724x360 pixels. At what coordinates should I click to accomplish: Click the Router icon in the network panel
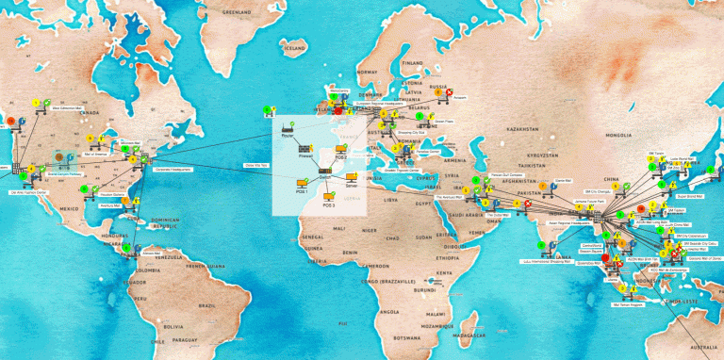click(285, 128)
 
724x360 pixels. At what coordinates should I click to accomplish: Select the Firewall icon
click(305, 149)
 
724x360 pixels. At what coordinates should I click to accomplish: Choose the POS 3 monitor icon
click(329, 197)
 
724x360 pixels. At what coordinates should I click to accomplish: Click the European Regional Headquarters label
click(377, 106)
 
